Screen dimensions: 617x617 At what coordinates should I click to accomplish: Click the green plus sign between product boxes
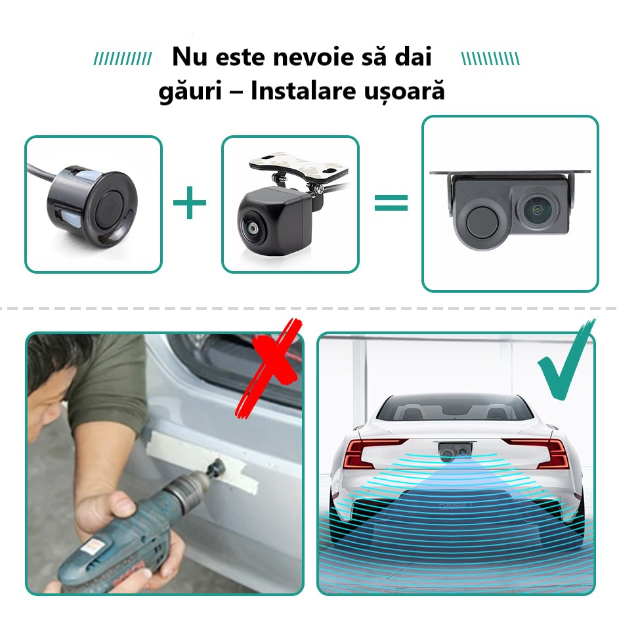[190, 204]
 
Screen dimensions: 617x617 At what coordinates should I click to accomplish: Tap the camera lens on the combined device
[538, 212]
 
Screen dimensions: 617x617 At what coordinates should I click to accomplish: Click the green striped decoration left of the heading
[122, 58]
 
